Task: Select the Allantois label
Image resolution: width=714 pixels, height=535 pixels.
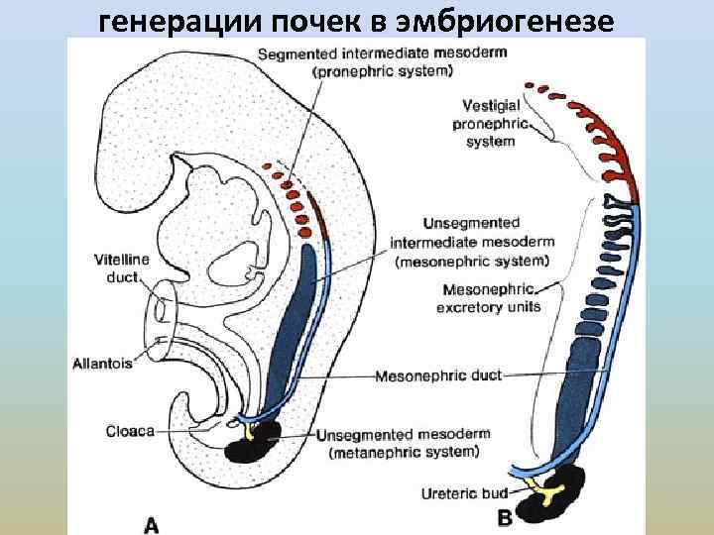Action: coord(101,364)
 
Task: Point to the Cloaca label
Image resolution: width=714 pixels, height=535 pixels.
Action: coord(129,431)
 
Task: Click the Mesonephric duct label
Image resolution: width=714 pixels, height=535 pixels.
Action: coord(439,375)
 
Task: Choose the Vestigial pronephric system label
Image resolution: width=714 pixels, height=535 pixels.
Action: coord(492,124)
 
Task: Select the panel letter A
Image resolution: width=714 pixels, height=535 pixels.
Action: coord(151,524)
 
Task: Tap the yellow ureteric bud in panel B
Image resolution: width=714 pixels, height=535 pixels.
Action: coord(548,489)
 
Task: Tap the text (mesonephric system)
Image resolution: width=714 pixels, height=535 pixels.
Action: coord(471,262)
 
